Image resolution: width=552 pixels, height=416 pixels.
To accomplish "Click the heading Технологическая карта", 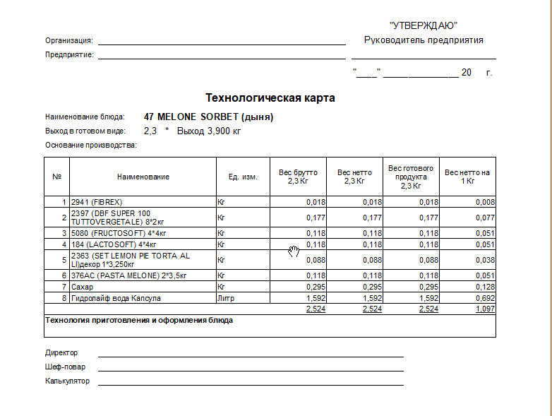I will pos(270,97).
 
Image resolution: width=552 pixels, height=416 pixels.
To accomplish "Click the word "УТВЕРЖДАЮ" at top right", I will pos(424,25).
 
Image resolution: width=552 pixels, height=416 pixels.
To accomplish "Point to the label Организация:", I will pos(69,40).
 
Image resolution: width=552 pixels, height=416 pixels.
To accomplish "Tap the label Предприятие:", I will pos(70,54).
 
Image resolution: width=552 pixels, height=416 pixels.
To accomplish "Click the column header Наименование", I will pos(143,177).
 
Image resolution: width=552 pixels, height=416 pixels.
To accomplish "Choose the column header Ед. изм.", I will pos(242,177).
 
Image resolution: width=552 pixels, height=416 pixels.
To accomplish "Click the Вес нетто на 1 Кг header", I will pos(467,177).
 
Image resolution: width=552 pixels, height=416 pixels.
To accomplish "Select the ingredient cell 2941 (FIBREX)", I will pos(97,202).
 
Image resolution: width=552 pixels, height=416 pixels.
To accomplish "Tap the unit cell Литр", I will pos(226,298).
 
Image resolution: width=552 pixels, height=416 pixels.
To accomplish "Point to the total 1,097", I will pos(484,309).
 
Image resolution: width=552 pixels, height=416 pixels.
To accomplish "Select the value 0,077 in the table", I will pos(484,218).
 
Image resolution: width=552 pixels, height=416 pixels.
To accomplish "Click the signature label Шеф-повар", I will pos(62,367).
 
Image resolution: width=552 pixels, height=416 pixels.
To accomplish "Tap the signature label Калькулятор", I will pos(68,381).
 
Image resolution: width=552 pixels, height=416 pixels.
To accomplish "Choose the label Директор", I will pos(61,352).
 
